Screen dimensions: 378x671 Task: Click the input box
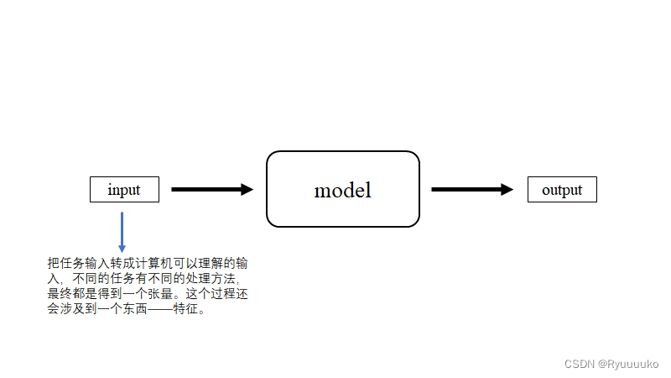(x=124, y=190)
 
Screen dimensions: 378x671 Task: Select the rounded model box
(x=342, y=189)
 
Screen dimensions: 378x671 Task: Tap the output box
(x=561, y=190)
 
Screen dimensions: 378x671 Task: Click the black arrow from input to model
(x=210, y=190)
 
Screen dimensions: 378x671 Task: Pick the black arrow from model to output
(x=470, y=190)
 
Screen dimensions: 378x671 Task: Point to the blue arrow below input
(x=122, y=230)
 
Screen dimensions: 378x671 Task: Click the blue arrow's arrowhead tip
(x=122, y=251)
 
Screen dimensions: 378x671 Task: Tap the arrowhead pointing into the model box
(x=247, y=190)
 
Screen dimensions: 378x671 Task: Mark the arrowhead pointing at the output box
(x=507, y=190)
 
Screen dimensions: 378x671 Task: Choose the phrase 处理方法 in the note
(x=213, y=279)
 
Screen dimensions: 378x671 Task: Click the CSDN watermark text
(x=580, y=364)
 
